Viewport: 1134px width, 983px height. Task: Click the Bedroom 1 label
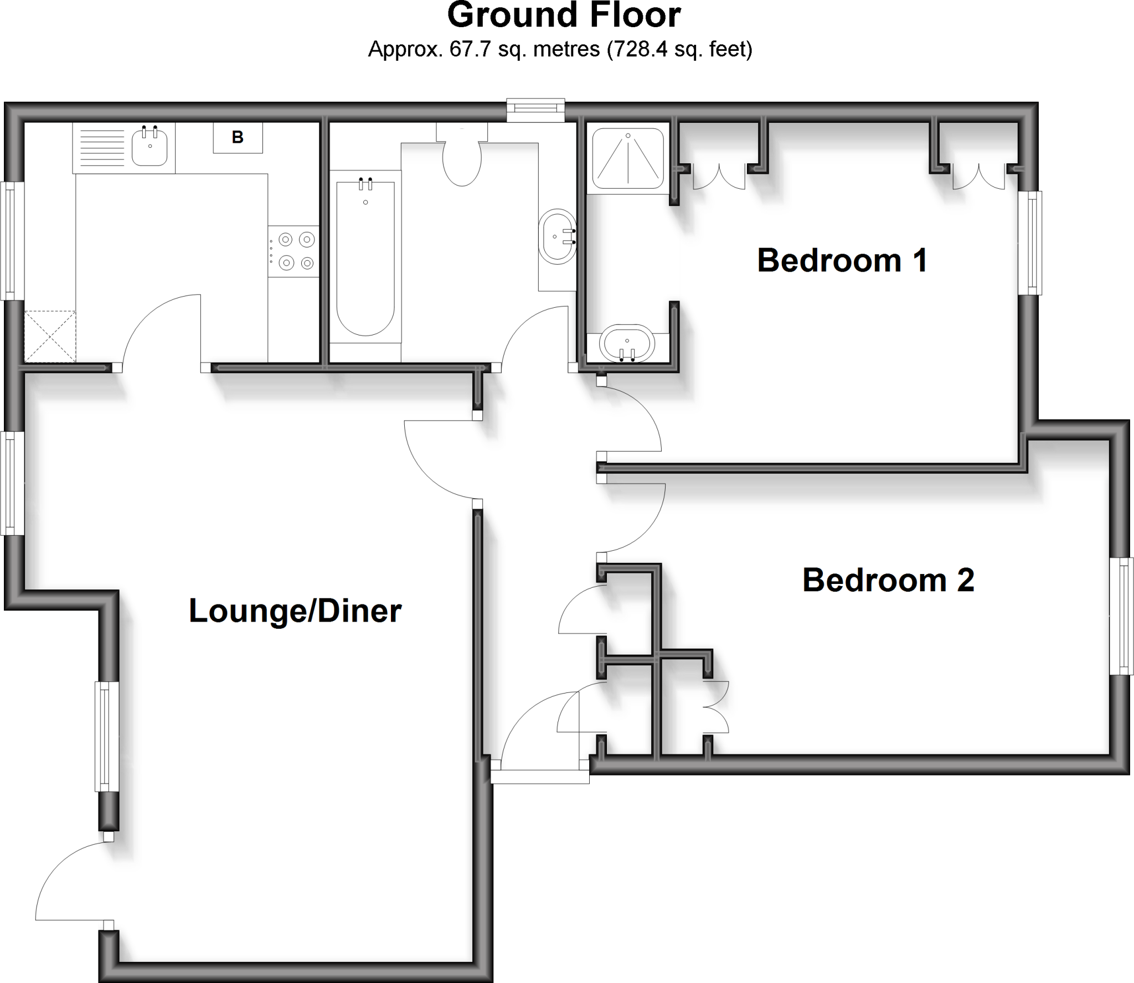(842, 261)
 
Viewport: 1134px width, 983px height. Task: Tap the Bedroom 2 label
(888, 580)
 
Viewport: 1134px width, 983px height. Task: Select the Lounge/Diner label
(295, 611)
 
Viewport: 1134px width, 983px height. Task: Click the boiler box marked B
(238, 137)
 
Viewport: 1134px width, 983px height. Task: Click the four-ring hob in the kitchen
(293, 251)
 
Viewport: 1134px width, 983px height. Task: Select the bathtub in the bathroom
(365, 257)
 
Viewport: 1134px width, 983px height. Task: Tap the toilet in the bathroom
(462, 158)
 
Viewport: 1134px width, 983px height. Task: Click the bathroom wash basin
(556, 236)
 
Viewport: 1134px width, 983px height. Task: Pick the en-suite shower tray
(628, 158)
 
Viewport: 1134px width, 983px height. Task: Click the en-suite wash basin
(628, 344)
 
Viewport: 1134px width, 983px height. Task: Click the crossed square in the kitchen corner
(50, 337)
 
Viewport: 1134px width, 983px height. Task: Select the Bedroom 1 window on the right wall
(1031, 243)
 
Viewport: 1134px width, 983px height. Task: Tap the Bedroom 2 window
(1122, 616)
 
